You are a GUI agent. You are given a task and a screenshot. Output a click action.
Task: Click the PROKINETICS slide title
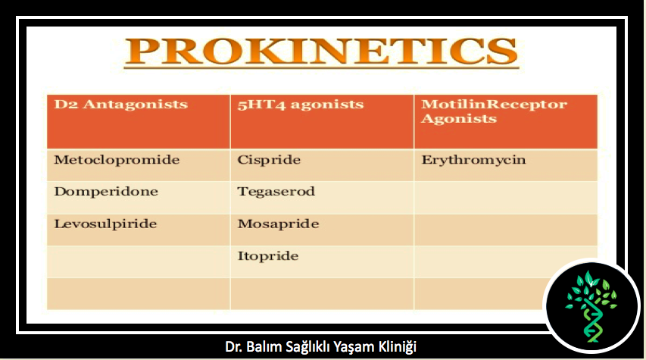[321, 52]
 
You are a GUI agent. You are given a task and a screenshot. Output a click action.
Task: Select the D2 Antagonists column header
[120, 105]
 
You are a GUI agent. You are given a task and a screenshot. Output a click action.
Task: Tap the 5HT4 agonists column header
[301, 105]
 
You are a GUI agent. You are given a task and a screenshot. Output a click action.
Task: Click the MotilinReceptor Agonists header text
[494, 111]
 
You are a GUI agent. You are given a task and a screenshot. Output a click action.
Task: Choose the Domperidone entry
[106, 192]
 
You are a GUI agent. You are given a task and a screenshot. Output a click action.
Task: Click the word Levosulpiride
[105, 224]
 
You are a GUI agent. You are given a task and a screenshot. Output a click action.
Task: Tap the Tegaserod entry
[276, 192]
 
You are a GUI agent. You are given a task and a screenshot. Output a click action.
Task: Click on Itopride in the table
[268, 256]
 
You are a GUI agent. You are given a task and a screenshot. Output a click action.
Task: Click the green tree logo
[591, 306]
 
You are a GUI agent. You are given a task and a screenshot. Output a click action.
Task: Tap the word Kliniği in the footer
[397, 347]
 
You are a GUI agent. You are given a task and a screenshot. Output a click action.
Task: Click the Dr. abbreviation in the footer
[234, 346]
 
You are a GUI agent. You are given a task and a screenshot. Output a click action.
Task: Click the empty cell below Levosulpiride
[139, 262]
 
